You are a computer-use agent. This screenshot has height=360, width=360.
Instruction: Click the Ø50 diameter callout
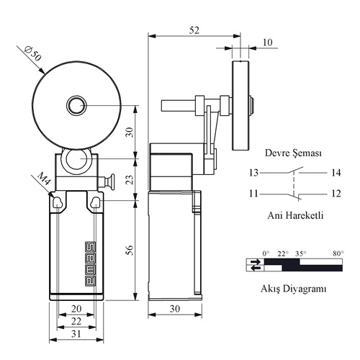click(33, 54)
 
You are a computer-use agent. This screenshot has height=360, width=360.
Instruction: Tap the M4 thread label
click(44, 179)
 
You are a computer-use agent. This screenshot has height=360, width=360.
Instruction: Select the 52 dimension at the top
click(194, 30)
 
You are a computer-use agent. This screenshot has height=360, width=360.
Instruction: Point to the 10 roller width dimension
click(268, 42)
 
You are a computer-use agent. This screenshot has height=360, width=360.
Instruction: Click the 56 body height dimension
click(130, 250)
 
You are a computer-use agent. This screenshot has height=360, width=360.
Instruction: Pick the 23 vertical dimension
click(130, 179)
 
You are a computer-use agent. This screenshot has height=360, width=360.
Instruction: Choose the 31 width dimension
click(76, 334)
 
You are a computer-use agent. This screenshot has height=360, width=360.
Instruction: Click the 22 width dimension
click(76, 321)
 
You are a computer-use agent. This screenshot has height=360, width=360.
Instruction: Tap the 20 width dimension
click(76, 309)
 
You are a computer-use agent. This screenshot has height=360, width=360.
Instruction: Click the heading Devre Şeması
click(293, 153)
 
